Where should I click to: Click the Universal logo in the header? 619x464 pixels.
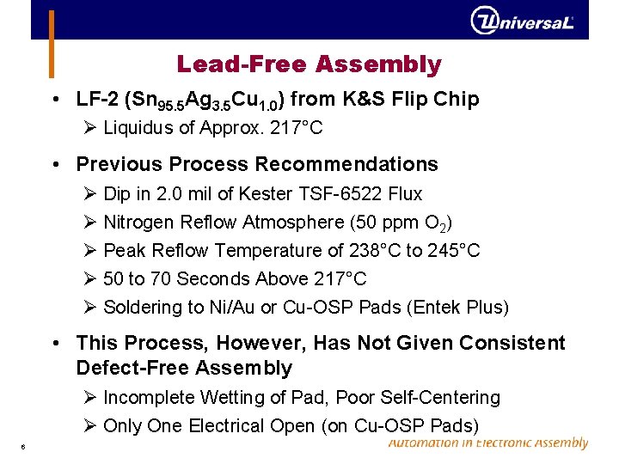tap(522, 21)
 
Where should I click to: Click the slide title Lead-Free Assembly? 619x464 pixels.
tap(309, 64)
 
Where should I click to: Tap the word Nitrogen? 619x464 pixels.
tap(138, 223)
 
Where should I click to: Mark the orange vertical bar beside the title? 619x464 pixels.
tap(51, 43)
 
